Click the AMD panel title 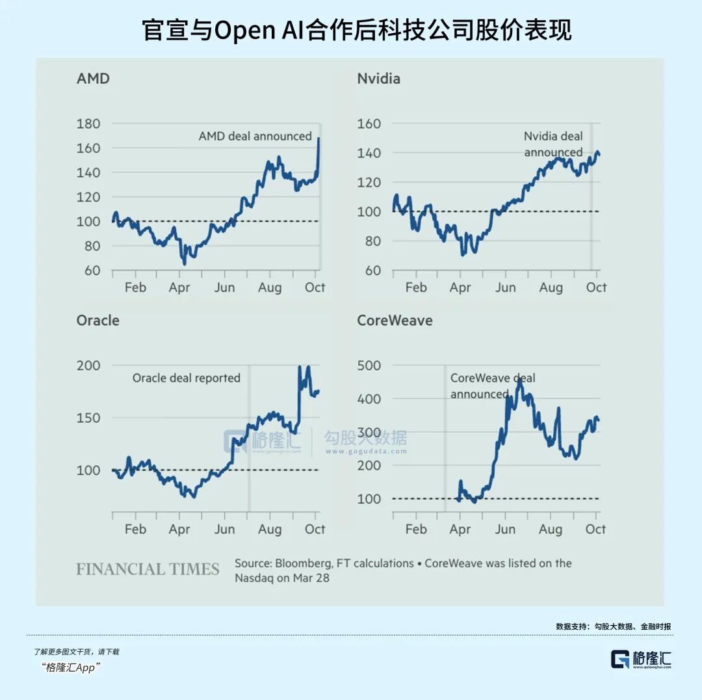click(x=93, y=79)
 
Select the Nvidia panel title click(x=378, y=79)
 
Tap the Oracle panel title click(x=97, y=320)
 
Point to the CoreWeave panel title click(x=395, y=320)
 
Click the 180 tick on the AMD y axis click(x=88, y=124)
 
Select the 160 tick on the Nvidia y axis click(x=369, y=124)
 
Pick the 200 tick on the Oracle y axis click(x=88, y=366)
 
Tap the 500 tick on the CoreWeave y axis click(x=369, y=366)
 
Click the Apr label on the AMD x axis click(x=179, y=288)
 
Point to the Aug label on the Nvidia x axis click(x=551, y=288)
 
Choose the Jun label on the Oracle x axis click(x=224, y=530)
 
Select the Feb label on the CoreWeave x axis click(x=416, y=530)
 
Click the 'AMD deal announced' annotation click(x=255, y=137)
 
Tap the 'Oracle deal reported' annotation click(x=187, y=378)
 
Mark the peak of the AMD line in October click(x=318, y=139)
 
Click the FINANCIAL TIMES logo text click(x=148, y=569)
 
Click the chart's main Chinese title click(x=356, y=31)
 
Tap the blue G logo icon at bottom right click(x=619, y=659)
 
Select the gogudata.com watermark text click(x=365, y=451)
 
